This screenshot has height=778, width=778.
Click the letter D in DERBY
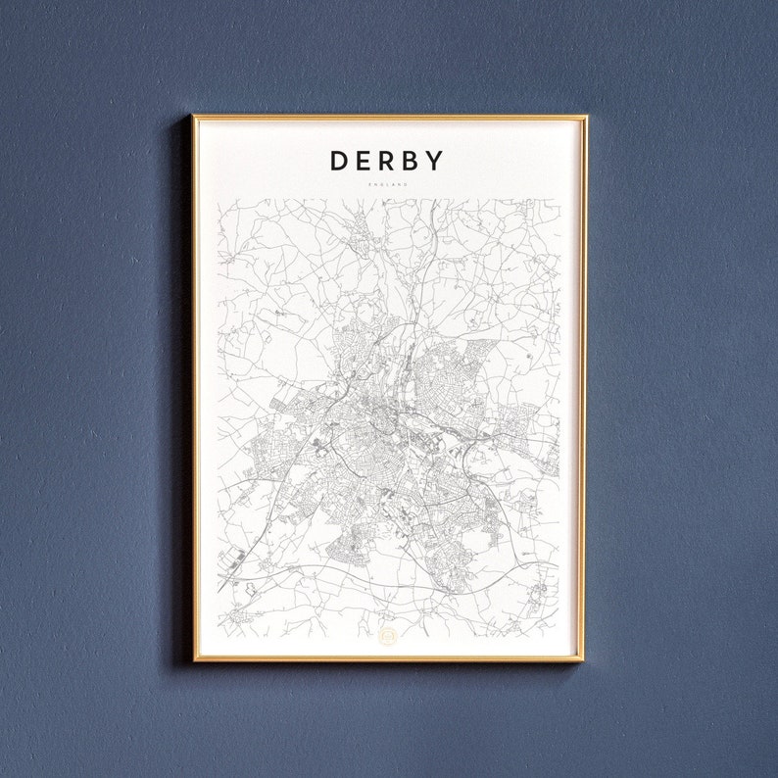point(339,161)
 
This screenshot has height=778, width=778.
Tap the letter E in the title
point(365,161)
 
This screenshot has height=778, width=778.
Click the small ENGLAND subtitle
point(388,184)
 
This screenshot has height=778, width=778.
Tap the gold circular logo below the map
point(388,637)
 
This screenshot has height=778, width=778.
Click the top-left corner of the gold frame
point(194,117)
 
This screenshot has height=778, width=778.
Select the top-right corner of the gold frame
point(585,117)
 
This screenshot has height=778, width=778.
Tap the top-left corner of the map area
point(218,200)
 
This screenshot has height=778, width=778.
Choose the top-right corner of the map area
point(559,200)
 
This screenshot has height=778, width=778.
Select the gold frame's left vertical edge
point(194,392)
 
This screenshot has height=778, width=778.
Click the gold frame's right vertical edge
point(585,392)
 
